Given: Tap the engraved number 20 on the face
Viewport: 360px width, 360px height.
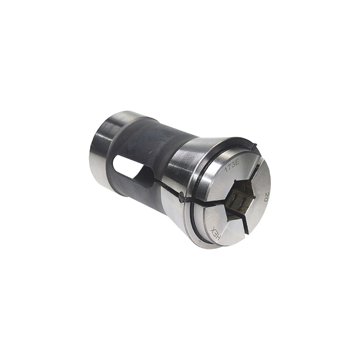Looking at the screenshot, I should coord(266,197).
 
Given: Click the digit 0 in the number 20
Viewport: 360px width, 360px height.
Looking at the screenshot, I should coord(267,200).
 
